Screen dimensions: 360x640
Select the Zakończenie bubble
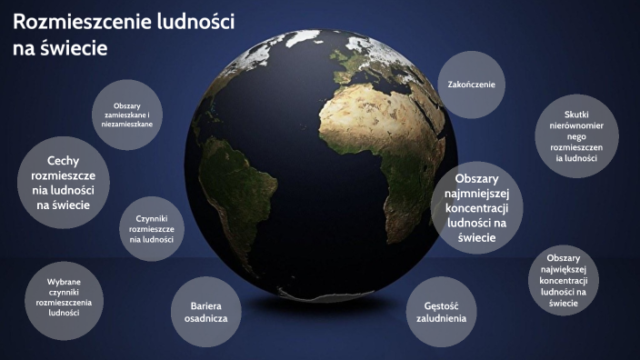471,85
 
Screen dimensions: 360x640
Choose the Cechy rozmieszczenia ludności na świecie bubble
64,183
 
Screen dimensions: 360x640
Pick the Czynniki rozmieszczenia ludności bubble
152,230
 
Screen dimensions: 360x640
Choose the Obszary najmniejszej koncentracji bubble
476,207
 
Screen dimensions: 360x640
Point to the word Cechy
64,159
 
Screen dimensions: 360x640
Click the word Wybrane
64,281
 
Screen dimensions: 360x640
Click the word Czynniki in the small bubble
152,219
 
